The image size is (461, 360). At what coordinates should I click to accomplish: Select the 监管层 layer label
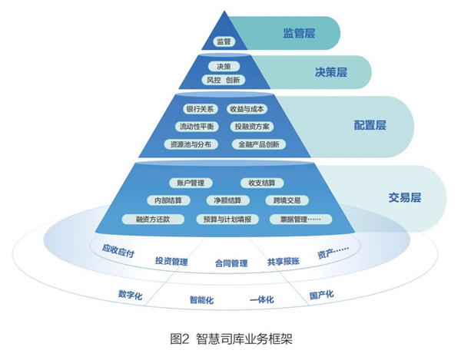click(x=299, y=34)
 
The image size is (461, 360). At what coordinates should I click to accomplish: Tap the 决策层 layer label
click(x=331, y=73)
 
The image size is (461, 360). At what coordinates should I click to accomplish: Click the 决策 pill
click(x=224, y=67)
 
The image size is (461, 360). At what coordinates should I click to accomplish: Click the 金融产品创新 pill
click(x=258, y=144)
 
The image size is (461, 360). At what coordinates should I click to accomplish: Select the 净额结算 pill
click(x=228, y=200)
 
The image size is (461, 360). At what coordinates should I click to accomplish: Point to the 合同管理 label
click(x=230, y=264)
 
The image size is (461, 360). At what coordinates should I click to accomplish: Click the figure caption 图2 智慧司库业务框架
click(x=230, y=338)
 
